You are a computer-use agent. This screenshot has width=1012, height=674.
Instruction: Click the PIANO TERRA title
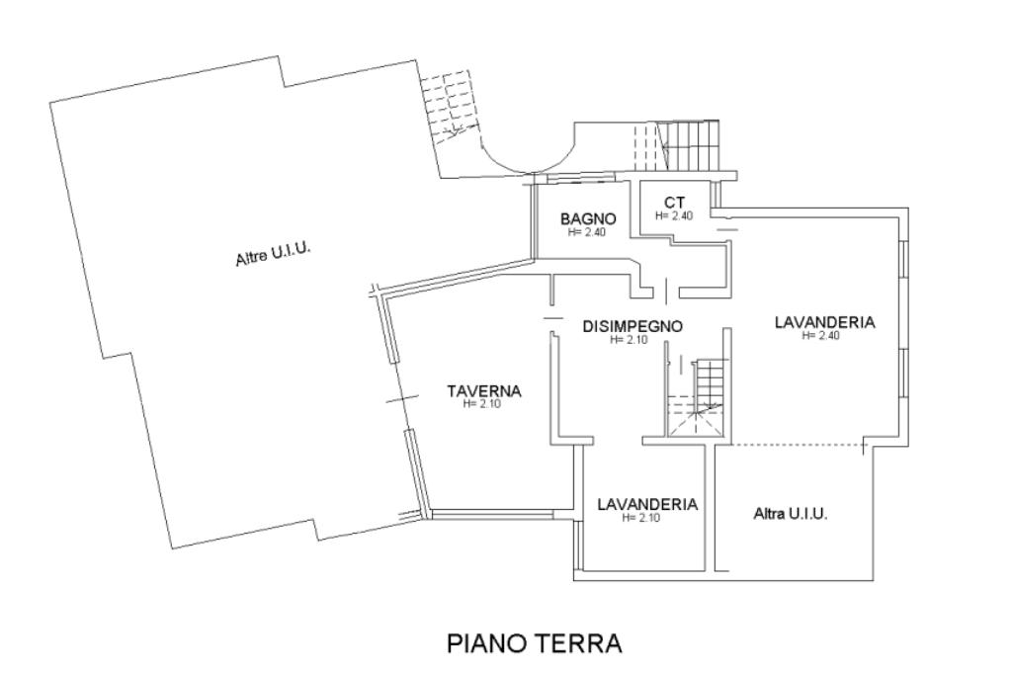point(535,644)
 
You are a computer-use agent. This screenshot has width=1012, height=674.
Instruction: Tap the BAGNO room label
point(588,219)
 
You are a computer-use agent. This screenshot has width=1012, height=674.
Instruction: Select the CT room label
point(675,203)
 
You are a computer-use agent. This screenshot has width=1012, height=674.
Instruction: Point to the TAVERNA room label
point(483,391)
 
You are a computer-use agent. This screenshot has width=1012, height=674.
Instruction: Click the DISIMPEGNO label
point(632,326)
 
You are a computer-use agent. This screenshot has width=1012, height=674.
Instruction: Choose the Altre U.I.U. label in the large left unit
point(273,254)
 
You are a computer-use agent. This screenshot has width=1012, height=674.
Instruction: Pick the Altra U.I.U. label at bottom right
point(790,514)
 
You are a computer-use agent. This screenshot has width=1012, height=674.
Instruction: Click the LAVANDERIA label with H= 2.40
point(824,322)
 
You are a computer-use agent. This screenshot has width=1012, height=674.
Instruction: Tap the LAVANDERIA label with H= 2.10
point(647,504)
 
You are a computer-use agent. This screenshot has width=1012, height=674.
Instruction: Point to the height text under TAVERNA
point(483,404)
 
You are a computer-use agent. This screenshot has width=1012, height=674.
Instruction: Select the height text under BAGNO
point(587,233)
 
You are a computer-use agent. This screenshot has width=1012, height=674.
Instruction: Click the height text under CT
point(675,215)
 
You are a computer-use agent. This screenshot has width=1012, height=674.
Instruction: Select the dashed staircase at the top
point(451,108)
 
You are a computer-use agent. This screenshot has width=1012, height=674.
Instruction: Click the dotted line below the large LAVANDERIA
point(791,444)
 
